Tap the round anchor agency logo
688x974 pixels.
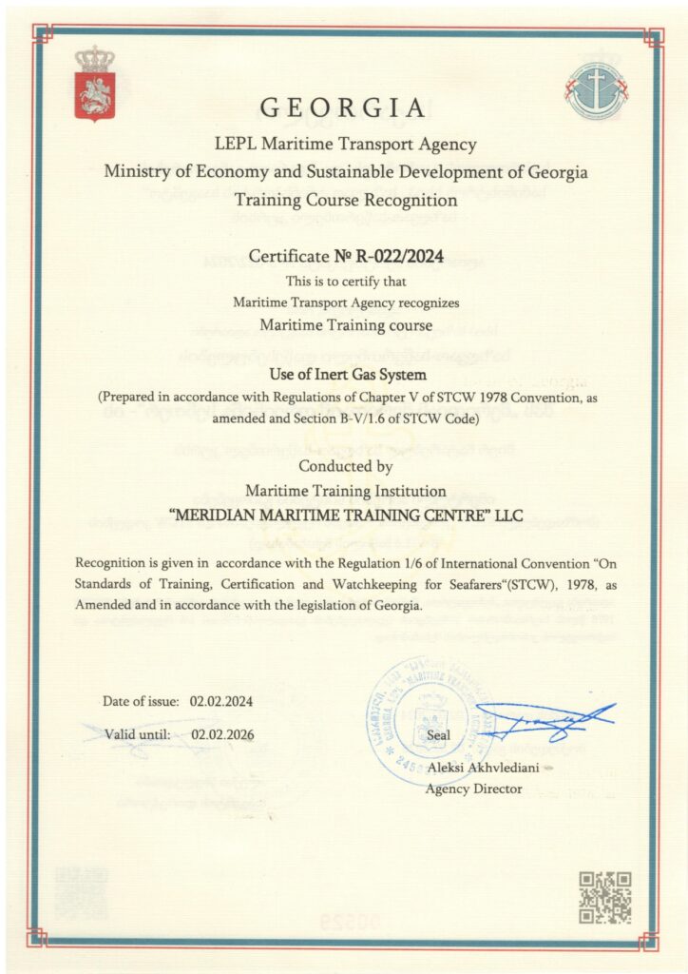click(x=595, y=89)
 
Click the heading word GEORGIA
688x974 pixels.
click(x=343, y=106)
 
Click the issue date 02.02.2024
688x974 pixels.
click(x=221, y=702)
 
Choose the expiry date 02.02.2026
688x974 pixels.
click(x=222, y=733)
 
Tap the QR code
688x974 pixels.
click(x=604, y=897)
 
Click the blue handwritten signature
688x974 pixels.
click(x=544, y=720)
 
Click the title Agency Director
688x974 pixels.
click(x=473, y=789)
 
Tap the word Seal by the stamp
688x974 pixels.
click(x=439, y=735)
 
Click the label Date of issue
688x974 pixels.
click(x=142, y=702)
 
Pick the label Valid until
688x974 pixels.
click(x=139, y=733)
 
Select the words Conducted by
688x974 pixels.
click(x=345, y=466)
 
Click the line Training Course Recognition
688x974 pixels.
click(x=345, y=200)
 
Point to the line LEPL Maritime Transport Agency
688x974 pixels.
click(x=345, y=146)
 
